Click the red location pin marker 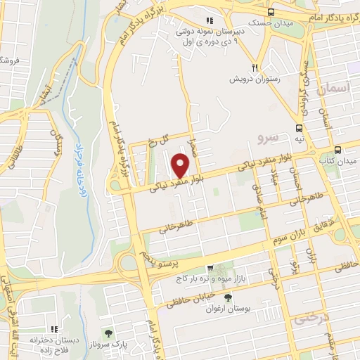(181, 165)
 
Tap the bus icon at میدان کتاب (338, 150)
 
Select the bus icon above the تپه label (300, 128)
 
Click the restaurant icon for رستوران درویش (256, 67)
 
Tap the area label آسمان (332, 89)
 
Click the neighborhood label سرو (269, 134)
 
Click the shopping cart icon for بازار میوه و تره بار (210, 268)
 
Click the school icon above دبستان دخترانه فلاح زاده (53, 329)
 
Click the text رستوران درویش (253, 79)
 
